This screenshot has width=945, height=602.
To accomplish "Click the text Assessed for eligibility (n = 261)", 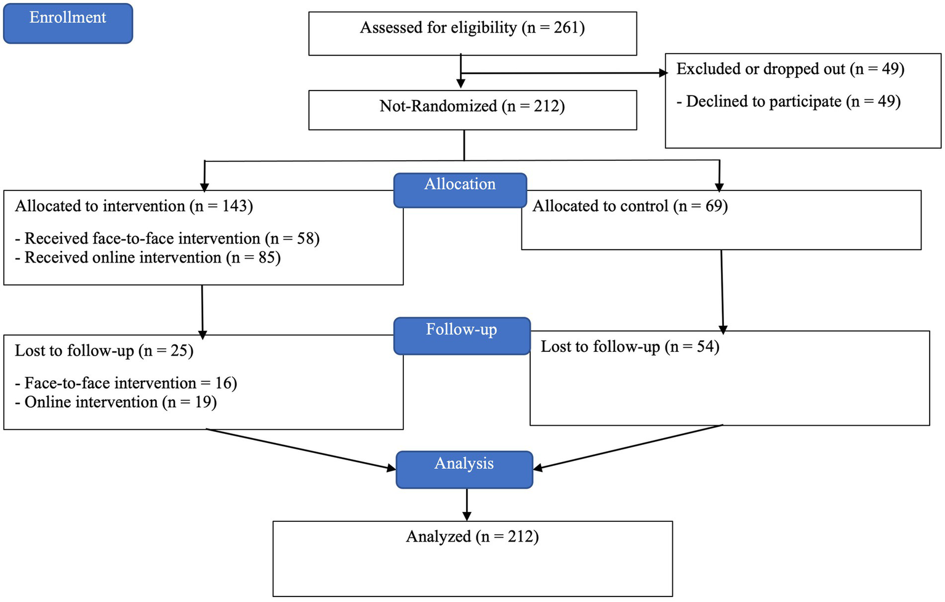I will coord(472,28).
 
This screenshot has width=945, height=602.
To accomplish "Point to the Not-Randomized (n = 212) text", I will coord(472,106).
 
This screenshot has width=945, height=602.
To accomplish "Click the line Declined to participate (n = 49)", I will coord(789,102).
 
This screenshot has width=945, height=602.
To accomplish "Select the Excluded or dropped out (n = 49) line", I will coord(790,69).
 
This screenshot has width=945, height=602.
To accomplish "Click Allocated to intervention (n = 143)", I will coord(134,206).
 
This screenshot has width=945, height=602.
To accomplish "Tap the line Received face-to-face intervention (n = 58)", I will coord(167,238).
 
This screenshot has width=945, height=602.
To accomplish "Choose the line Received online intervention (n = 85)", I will coord(148,258).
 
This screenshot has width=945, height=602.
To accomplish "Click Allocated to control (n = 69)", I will coord(630,206).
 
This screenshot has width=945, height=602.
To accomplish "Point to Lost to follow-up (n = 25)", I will coord(104,351).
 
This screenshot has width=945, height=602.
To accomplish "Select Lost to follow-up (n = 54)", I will coord(630,347).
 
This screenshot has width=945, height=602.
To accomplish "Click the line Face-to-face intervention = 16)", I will coord(126,383).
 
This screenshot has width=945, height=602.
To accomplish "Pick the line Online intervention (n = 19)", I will coord(116,402).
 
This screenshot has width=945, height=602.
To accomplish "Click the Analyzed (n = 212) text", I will coord(472,537).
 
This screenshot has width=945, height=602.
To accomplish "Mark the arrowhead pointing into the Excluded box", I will coord(664,73).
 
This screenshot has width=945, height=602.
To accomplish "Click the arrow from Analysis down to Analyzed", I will coord(467,505).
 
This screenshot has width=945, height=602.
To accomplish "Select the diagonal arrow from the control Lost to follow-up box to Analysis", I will coord(628,447).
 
